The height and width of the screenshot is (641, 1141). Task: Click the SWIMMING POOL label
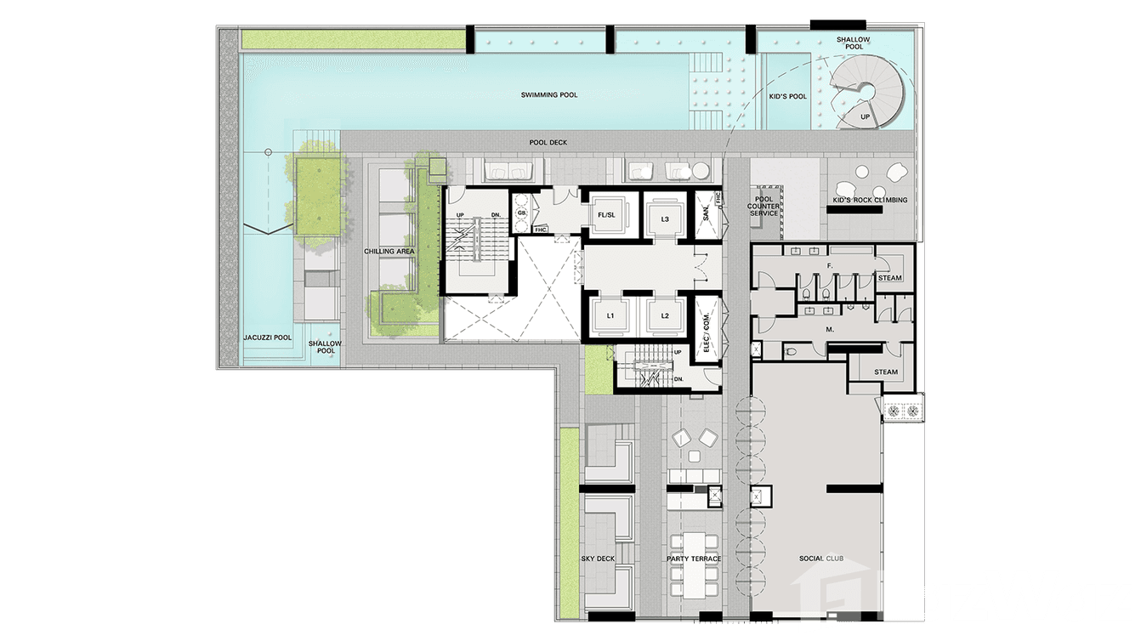point(549,94)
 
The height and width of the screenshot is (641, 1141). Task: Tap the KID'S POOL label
point(787,96)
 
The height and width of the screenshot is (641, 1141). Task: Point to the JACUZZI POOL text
point(268,338)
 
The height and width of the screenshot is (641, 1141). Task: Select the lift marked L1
point(610,315)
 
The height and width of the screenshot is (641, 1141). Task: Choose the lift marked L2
point(665,315)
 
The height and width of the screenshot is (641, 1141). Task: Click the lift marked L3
point(665,219)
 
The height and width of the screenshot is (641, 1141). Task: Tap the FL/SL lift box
point(606,215)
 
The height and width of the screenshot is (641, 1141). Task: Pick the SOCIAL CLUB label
point(821,559)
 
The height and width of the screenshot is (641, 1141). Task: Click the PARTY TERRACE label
point(694,559)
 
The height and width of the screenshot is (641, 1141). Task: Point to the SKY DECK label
point(598,559)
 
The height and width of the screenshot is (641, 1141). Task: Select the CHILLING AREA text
point(389,251)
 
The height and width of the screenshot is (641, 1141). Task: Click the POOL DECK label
point(548,143)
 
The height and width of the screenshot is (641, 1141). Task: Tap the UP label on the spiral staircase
point(865,117)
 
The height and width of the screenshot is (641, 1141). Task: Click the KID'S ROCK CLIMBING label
point(870,200)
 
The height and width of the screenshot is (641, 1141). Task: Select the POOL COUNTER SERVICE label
point(763,207)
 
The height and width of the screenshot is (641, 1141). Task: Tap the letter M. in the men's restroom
point(830,329)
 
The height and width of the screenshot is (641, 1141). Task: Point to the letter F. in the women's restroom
point(830,266)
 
